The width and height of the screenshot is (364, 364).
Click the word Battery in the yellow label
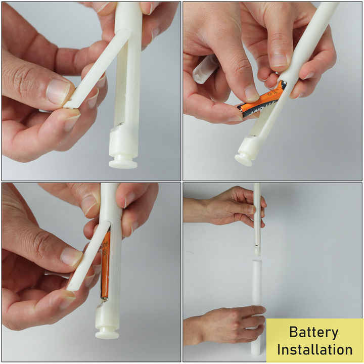314,332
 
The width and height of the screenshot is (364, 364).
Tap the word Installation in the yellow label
314,349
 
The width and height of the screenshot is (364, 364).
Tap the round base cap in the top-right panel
244,160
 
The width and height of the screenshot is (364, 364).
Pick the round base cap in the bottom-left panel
107,333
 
